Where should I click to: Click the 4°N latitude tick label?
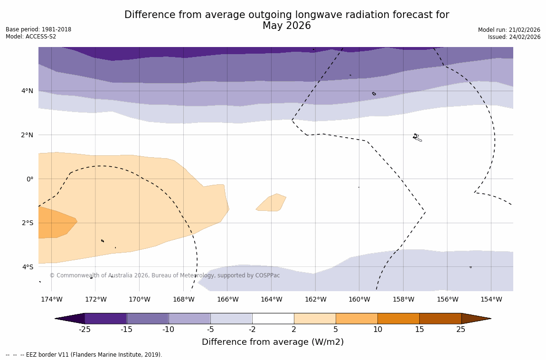[x=27, y=91]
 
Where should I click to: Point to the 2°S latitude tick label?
[x=27, y=223]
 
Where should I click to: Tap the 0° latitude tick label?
[x=29, y=179]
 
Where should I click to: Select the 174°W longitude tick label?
[x=51, y=299]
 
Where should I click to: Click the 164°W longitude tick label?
[x=271, y=299]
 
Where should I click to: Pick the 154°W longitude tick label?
[x=491, y=299]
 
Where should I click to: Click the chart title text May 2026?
[x=286, y=26]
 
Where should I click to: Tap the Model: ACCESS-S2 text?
[x=31, y=37]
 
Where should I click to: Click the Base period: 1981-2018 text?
[x=38, y=29]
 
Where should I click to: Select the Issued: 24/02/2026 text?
[x=514, y=37]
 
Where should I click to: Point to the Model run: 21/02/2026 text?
[x=509, y=30]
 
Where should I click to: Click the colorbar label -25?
[x=85, y=329]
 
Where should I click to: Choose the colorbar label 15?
[x=419, y=329]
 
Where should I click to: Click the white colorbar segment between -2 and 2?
[x=273, y=318]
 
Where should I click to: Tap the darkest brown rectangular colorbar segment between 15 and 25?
[x=440, y=318]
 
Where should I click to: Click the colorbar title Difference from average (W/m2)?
[x=273, y=342]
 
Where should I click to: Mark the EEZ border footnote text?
[x=84, y=355]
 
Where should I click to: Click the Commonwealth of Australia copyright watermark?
[x=165, y=275]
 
